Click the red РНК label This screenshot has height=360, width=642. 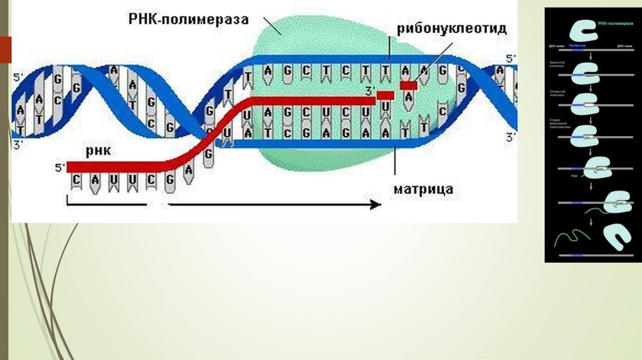click(99, 151)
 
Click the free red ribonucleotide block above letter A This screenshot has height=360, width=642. click(409, 85)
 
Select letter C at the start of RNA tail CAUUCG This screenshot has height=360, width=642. click(76, 180)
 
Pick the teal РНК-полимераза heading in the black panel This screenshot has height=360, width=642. click(613, 23)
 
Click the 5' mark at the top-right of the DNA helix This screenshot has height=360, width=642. click(510, 58)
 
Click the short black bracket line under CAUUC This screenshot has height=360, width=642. click(107, 204)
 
